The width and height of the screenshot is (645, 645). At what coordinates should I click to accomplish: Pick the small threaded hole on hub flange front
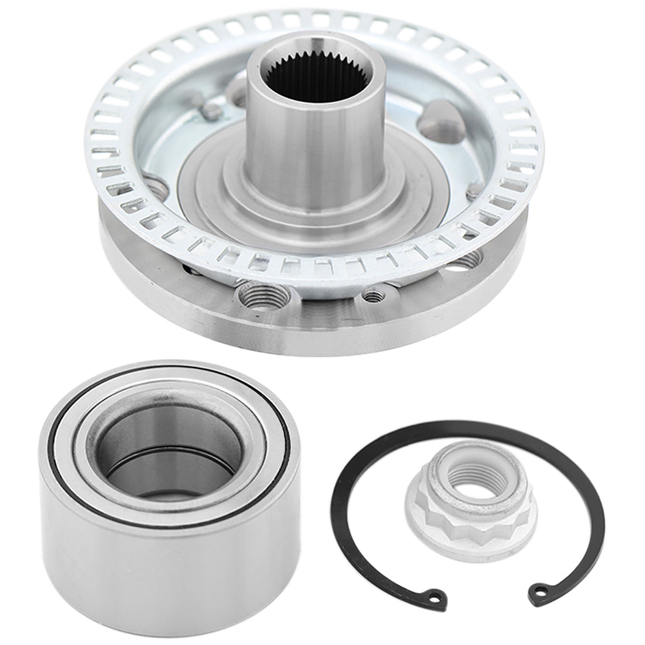click(372, 295)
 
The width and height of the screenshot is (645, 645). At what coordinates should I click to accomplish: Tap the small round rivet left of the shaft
click(210, 112)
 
